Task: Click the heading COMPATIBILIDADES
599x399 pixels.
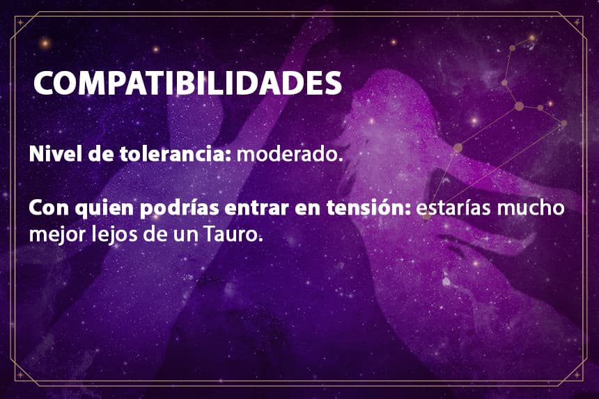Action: [187, 83]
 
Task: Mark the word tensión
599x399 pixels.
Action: [368, 208]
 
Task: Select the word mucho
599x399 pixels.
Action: [531, 208]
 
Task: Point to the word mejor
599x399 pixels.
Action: [58, 235]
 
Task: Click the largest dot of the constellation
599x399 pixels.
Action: [519, 106]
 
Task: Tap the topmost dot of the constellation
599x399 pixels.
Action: [531, 38]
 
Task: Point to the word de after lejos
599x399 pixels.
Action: [156, 234]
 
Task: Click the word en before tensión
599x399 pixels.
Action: [308, 209]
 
